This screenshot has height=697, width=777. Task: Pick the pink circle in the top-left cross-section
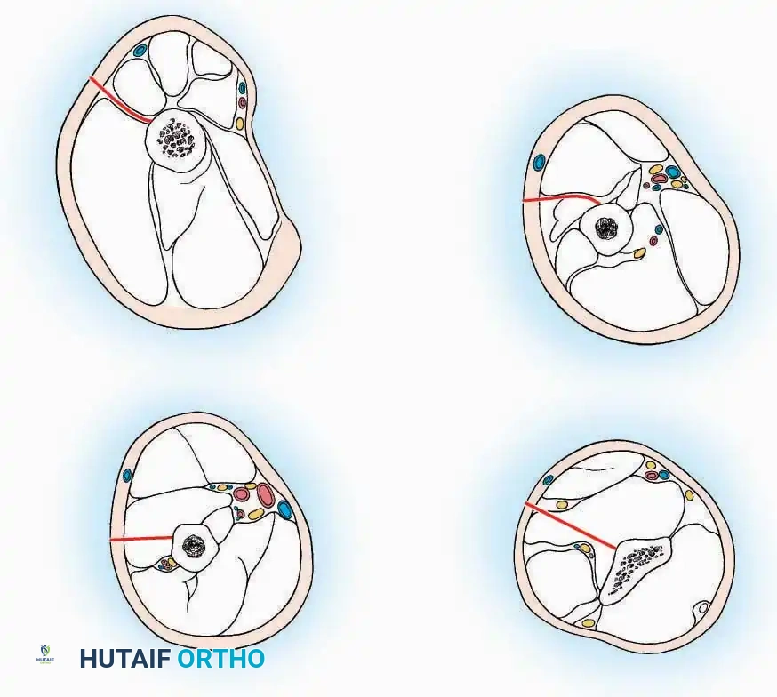(242, 103)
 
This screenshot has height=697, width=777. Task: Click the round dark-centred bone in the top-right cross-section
(607, 228)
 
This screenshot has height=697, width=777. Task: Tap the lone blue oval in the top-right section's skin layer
(539, 164)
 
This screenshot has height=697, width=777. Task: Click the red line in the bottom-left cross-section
(139, 539)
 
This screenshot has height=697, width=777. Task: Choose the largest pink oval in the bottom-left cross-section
(266, 493)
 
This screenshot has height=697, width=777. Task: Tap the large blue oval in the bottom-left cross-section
(285, 509)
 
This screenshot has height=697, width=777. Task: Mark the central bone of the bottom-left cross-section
(192, 543)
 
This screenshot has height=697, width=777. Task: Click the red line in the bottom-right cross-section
(569, 525)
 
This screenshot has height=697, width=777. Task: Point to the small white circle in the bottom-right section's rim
(702, 610)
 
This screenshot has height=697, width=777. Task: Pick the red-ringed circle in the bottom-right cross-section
(652, 476)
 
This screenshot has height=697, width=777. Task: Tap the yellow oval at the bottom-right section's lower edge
(588, 622)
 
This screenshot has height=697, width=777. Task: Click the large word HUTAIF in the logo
(125, 659)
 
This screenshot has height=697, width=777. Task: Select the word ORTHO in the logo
(220, 659)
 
